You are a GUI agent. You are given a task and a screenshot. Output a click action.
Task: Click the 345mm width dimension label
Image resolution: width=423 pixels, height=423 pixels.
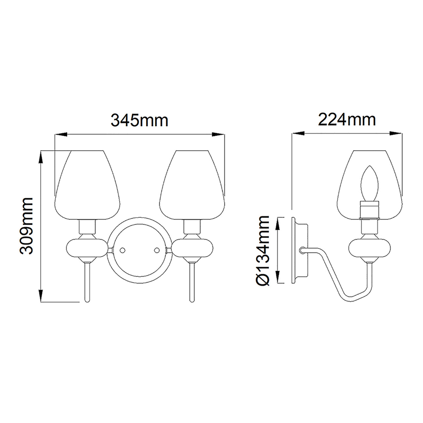pyautogui.click(x=139, y=121)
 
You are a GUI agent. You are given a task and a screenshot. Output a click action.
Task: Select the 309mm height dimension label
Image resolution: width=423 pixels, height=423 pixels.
pyautogui.click(x=26, y=226)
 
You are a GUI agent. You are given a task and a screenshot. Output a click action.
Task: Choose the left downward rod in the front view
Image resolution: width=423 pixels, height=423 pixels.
pyautogui.click(x=87, y=282)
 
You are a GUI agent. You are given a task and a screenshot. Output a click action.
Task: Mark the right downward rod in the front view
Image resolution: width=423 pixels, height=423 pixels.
pyautogui.click(x=192, y=282)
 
